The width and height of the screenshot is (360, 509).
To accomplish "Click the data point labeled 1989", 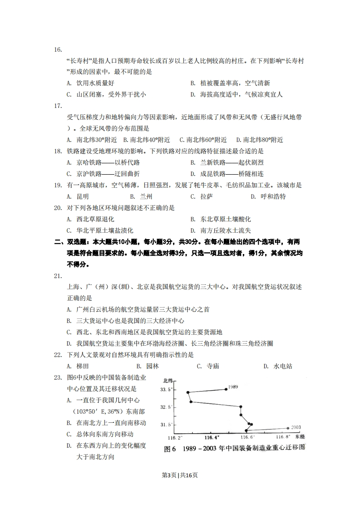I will pyautogui.click(x=226, y=389).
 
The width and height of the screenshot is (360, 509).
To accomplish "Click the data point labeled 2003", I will pyautogui.click(x=288, y=427).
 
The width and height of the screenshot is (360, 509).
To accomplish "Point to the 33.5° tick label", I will pyautogui.click(x=167, y=390).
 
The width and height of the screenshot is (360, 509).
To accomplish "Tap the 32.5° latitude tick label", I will pyautogui.click(x=167, y=407).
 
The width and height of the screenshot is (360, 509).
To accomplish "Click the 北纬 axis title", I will pyautogui.click(x=168, y=380).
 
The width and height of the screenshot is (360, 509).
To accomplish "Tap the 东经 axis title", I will pyautogui.click(x=300, y=437).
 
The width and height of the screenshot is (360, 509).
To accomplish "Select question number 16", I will pyautogui.click(x=58, y=49).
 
